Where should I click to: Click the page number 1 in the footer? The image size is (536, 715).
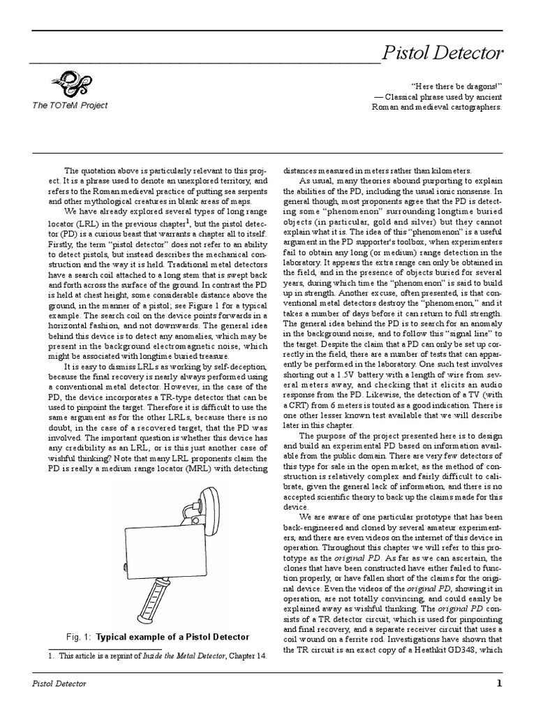[x=499, y=684]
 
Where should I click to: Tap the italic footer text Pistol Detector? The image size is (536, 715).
[x=60, y=684]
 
